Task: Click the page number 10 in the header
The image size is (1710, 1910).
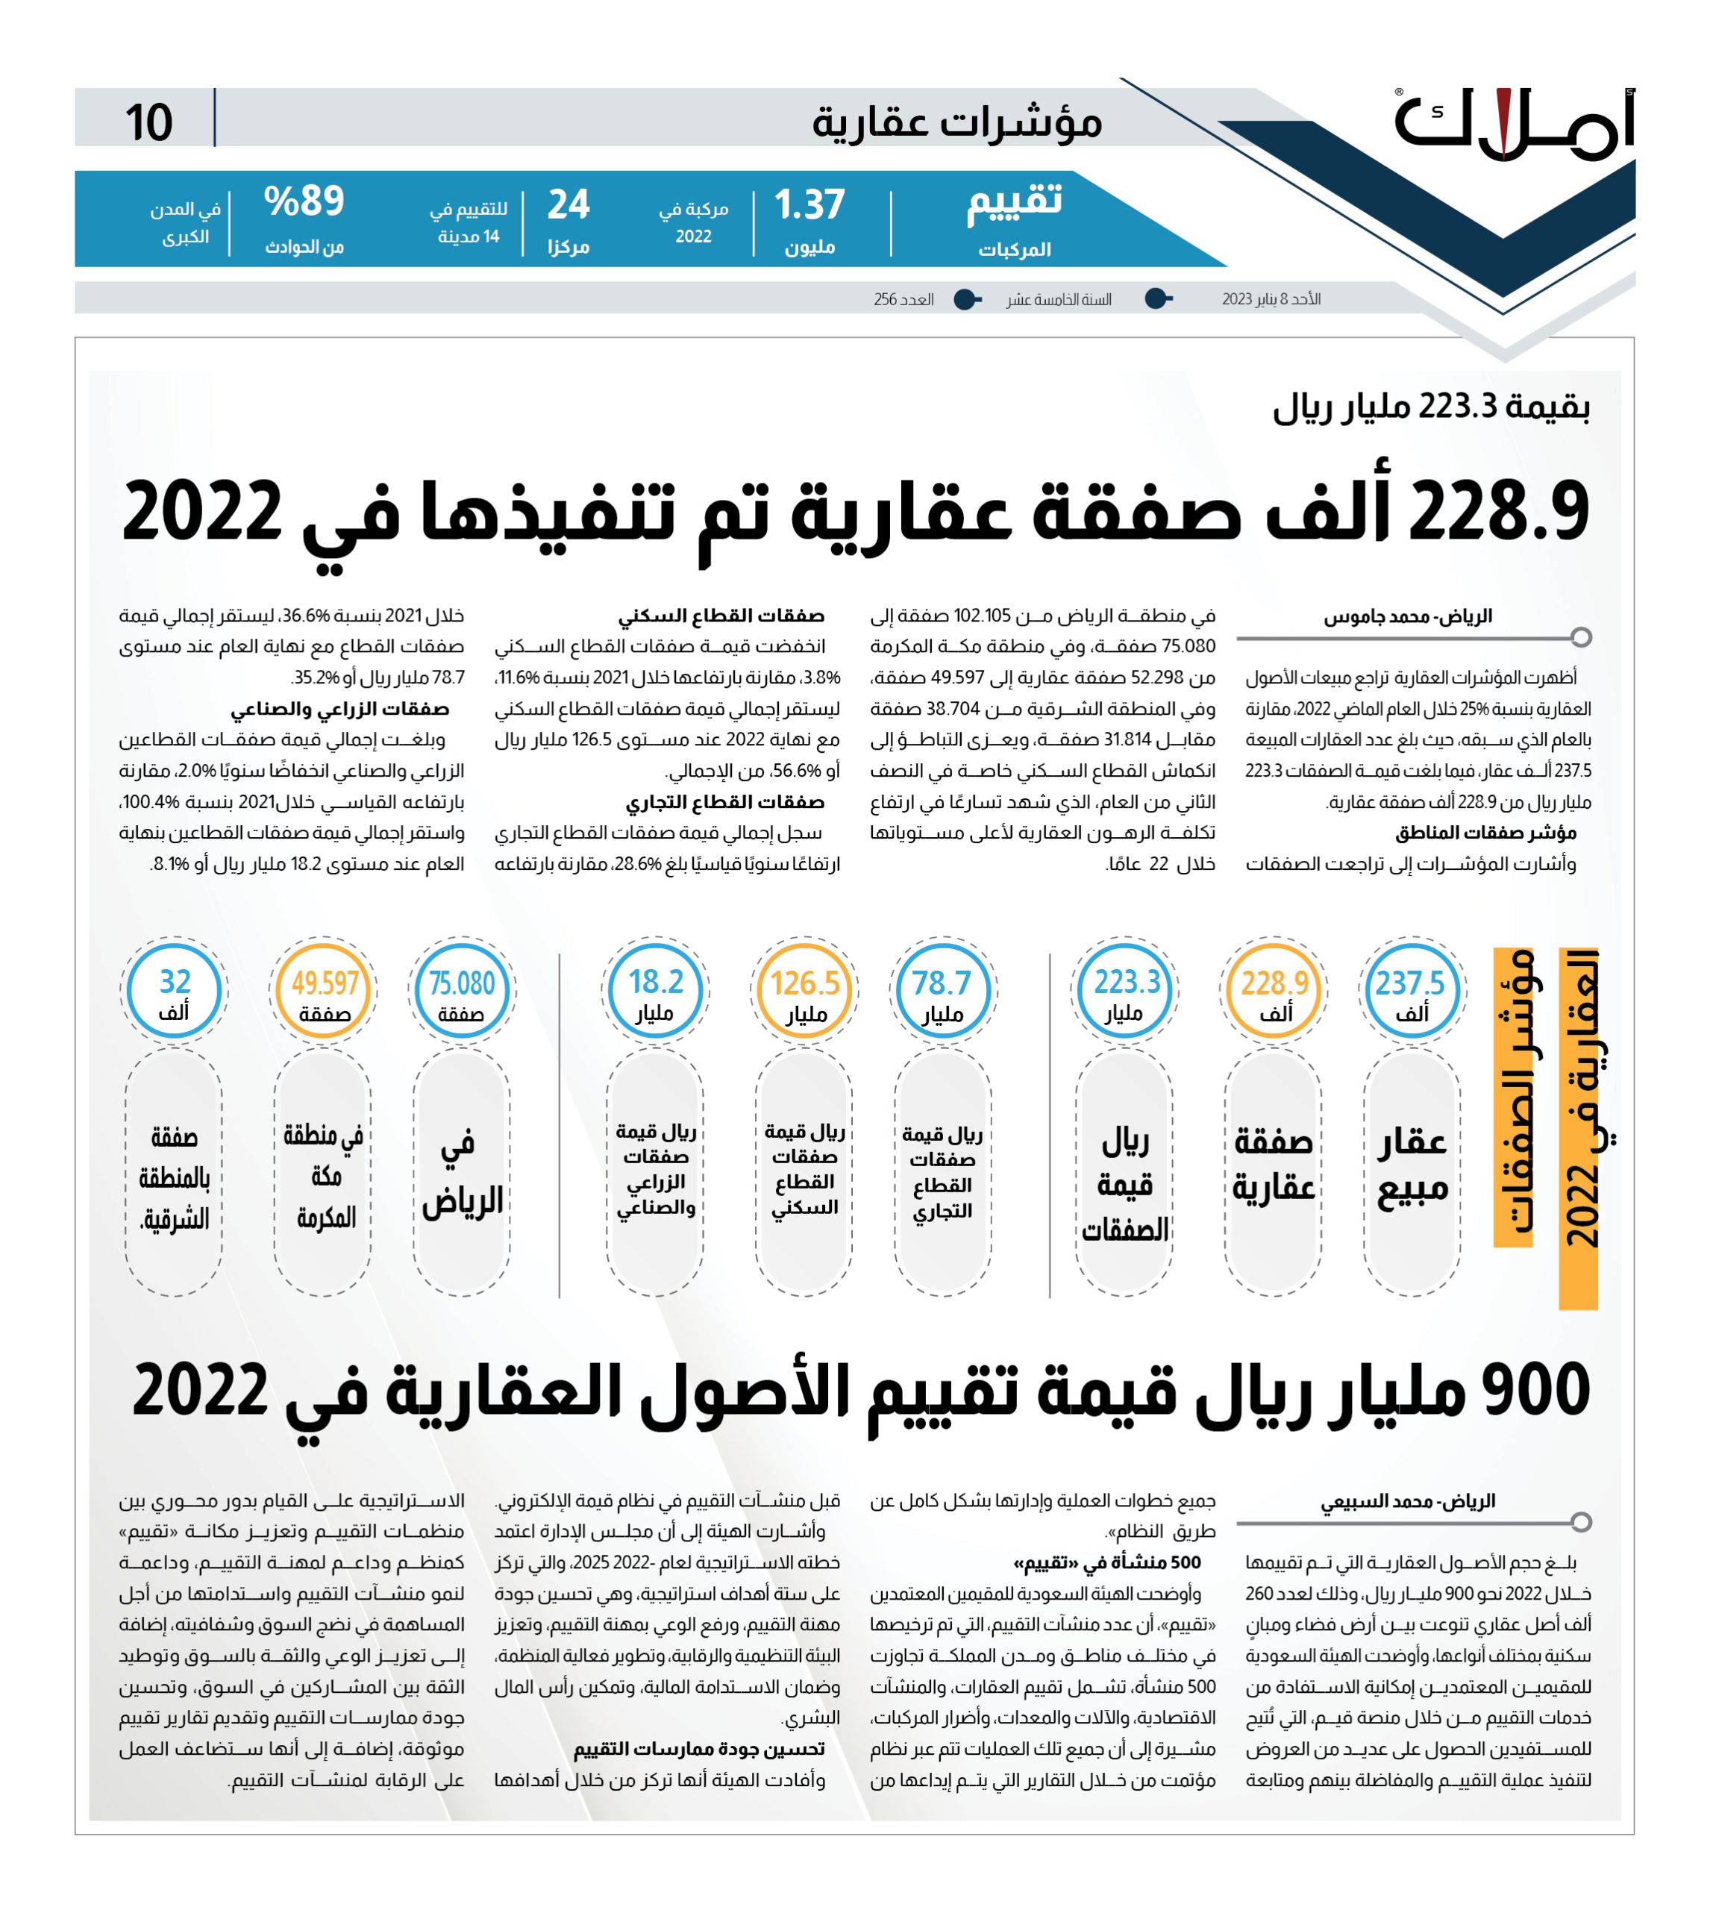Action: click(148, 123)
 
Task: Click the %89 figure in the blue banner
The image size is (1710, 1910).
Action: click(304, 201)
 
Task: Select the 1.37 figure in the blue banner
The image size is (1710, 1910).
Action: click(809, 205)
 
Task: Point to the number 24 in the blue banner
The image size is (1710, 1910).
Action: click(569, 205)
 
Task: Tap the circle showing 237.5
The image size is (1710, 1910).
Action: click(1410, 991)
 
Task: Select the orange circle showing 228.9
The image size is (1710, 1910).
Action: click(1274, 991)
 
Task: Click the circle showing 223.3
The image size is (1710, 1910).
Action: click(1126, 991)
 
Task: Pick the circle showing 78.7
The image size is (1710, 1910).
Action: click(942, 991)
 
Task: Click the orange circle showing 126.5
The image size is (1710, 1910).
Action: click(804, 991)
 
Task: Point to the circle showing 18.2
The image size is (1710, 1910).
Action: click(655, 991)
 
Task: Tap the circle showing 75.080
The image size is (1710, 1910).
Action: click(461, 991)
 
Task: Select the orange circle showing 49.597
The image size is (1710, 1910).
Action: click(324, 991)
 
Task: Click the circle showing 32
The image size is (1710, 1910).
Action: click(174, 991)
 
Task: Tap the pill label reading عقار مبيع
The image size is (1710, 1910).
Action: click(1412, 1165)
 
